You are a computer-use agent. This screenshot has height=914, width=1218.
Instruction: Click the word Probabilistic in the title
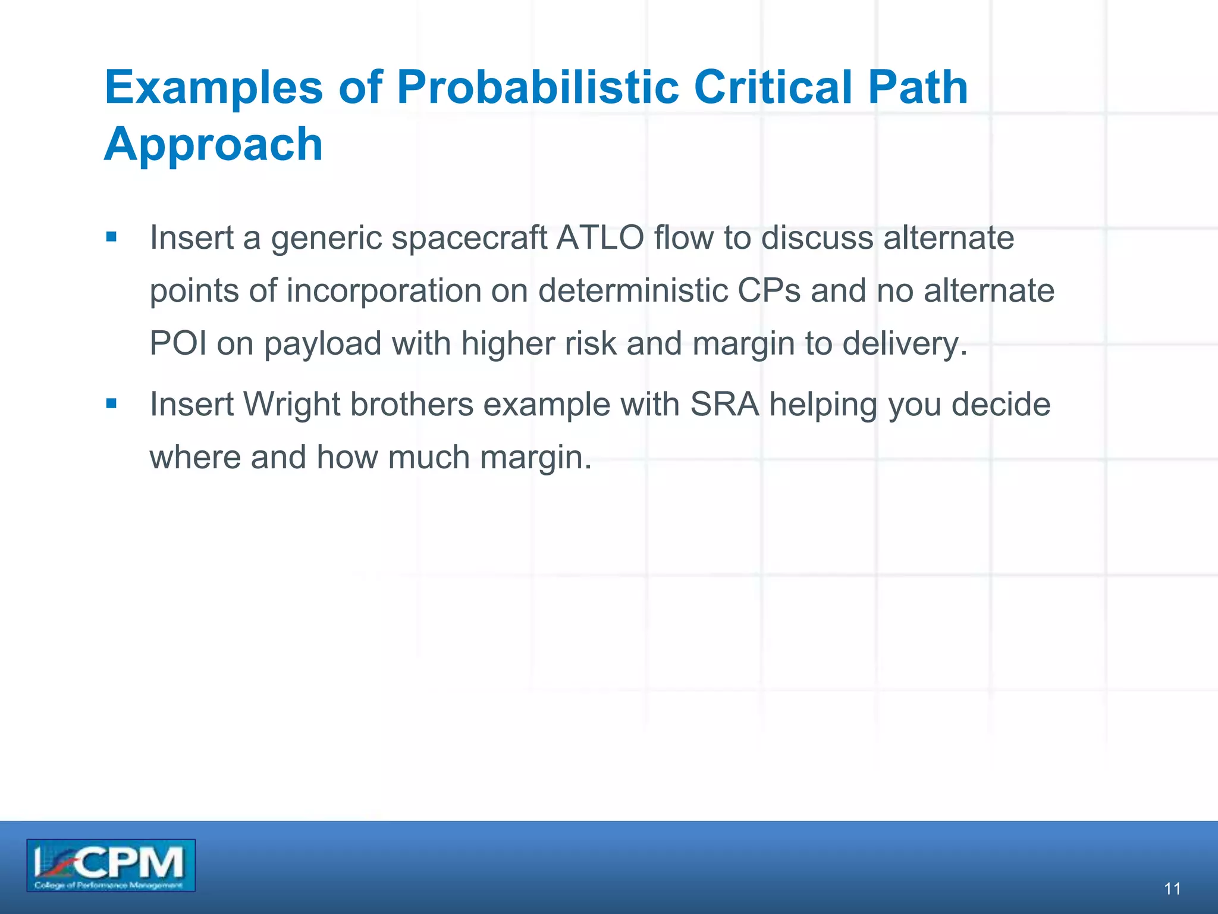point(537,87)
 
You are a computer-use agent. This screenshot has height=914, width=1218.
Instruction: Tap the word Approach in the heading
point(213,145)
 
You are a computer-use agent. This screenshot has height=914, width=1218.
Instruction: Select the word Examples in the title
point(214,87)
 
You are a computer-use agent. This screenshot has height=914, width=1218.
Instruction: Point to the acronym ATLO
point(600,238)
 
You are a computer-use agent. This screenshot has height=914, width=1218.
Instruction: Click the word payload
point(322,344)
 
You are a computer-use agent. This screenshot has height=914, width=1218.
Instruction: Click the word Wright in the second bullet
point(291,405)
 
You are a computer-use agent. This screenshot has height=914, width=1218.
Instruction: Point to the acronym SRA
point(724,405)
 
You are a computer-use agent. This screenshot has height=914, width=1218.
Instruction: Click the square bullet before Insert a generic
point(111,237)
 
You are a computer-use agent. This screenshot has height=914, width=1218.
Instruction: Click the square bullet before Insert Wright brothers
point(111,404)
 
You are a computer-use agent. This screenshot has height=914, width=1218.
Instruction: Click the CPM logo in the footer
point(111,865)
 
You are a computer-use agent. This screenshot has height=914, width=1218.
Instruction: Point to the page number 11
point(1172,889)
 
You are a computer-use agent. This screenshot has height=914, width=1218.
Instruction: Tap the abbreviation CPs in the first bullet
point(769,291)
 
